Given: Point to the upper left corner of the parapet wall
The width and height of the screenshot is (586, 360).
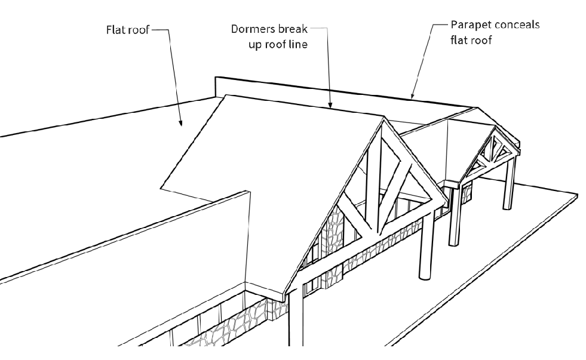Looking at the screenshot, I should tap(216, 78).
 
